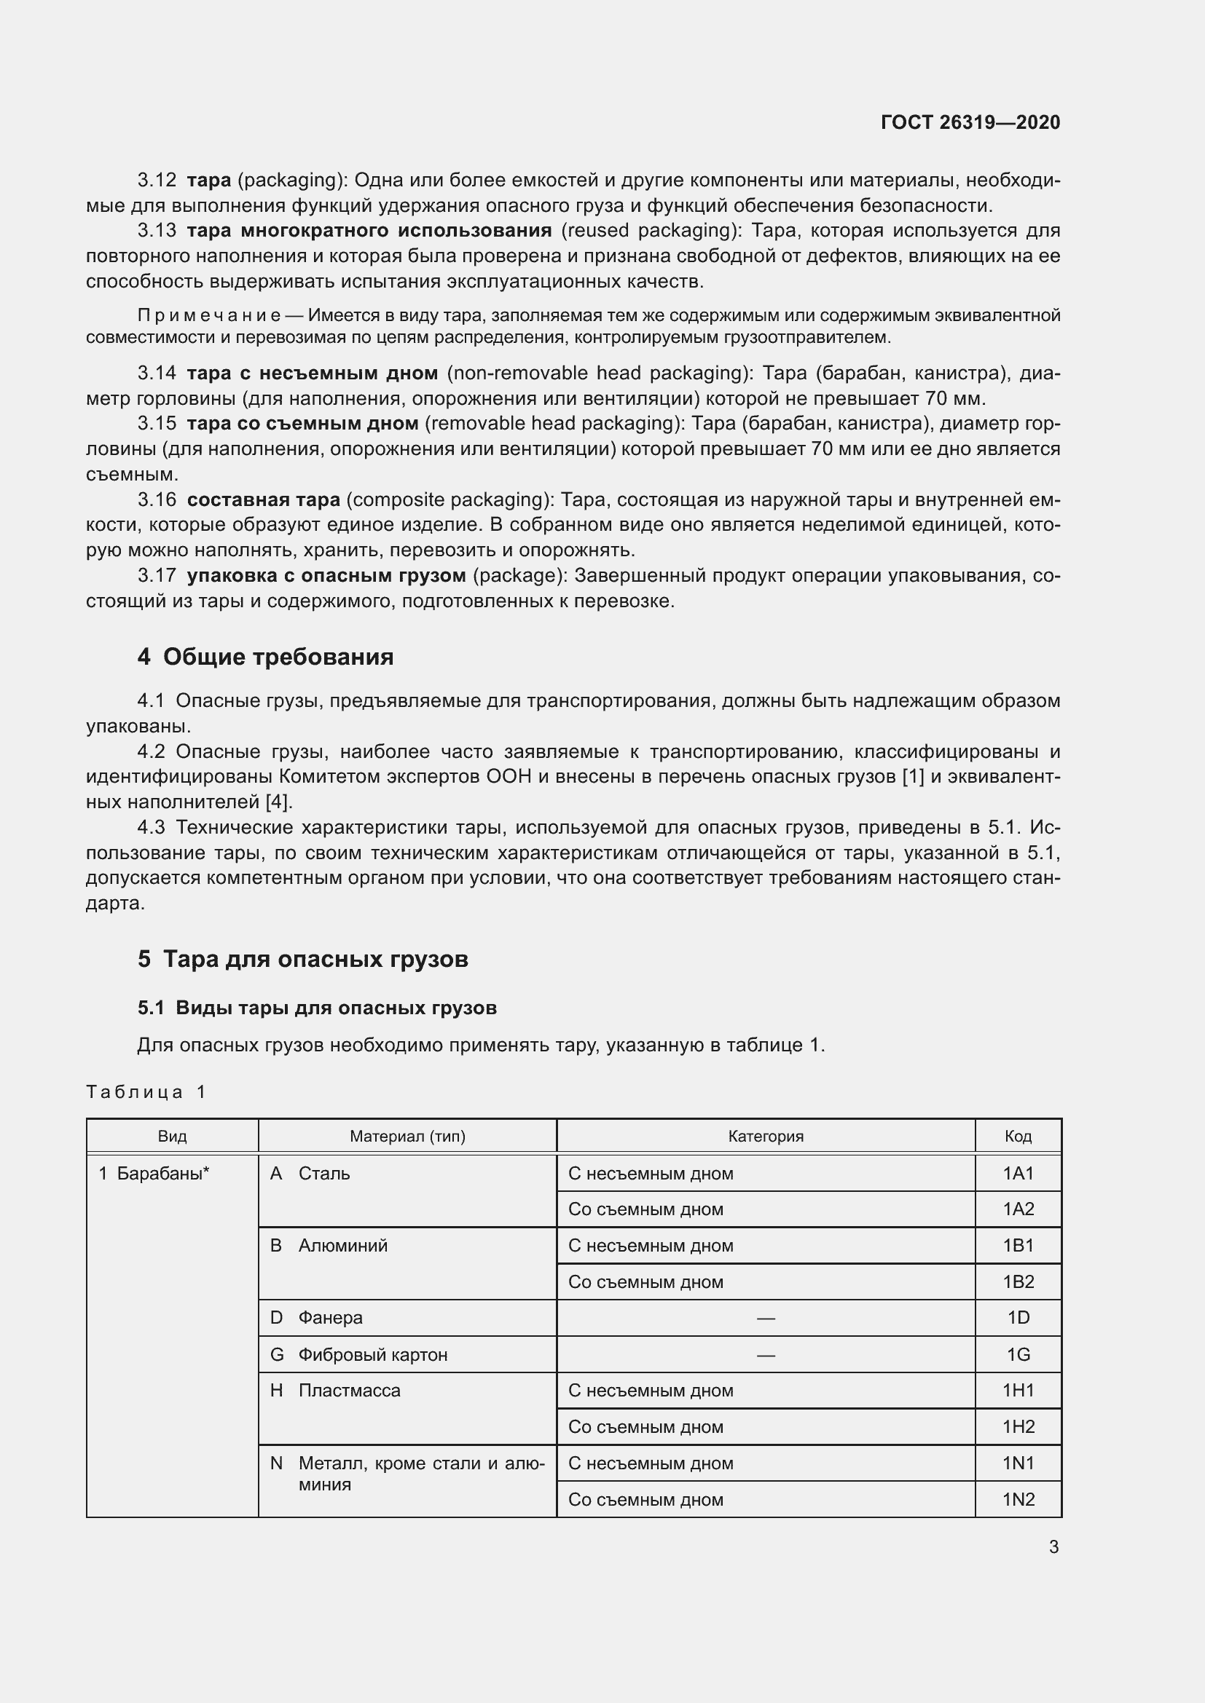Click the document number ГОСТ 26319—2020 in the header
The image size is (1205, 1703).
[x=970, y=122]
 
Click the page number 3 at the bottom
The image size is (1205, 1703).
[x=1053, y=1546]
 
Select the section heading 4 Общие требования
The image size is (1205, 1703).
[x=265, y=657]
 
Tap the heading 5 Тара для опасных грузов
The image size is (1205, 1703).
[x=303, y=959]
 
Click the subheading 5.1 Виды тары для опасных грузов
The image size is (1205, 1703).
[x=317, y=1007]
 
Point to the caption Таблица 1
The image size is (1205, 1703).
[x=146, y=1091]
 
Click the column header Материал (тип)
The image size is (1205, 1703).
[x=407, y=1136]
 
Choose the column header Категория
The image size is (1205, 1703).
[x=765, y=1136]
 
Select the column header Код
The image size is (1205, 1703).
[x=1018, y=1136]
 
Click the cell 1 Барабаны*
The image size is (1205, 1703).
[x=154, y=1173]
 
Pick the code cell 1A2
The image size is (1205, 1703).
[x=1018, y=1209]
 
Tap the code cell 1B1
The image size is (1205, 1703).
[x=1018, y=1245]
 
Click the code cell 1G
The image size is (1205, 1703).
[x=1018, y=1354]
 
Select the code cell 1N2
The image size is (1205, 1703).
[x=1018, y=1499]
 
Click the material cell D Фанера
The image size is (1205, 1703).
[x=316, y=1317]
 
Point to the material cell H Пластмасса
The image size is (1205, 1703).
[x=335, y=1390]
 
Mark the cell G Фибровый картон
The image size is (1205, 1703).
[x=359, y=1354]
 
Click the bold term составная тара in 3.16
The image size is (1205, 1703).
[x=264, y=499]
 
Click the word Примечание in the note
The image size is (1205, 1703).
[x=209, y=315]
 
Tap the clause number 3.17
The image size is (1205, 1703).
[x=157, y=575]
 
